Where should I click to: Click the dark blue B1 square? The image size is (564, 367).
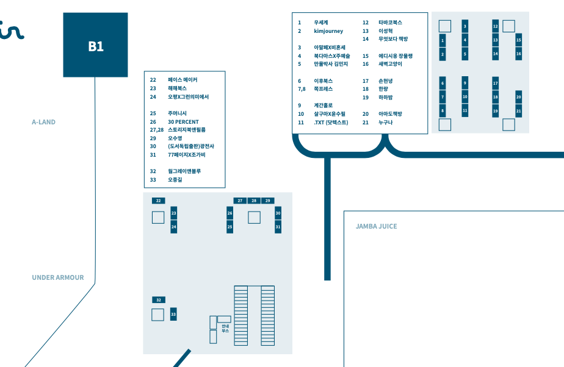95,45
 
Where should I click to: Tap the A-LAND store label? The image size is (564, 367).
43,122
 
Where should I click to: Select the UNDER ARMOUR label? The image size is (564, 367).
58,277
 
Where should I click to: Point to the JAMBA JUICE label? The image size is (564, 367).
376,226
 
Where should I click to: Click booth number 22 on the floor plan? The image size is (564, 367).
159,201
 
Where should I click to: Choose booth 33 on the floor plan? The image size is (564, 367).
173,314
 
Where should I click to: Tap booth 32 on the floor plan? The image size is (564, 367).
159,300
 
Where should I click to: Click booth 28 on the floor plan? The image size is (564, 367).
254,201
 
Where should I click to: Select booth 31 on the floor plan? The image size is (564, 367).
278,227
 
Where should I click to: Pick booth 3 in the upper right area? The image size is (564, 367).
465,26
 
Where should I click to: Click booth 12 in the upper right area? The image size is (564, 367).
495,26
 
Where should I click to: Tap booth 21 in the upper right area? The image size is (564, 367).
518,110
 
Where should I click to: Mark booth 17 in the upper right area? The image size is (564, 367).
495,83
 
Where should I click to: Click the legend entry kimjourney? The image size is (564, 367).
328,31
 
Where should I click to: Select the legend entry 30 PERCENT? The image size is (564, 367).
183,122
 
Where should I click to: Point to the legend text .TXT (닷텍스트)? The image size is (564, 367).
331,123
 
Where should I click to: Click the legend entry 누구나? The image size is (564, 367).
386,123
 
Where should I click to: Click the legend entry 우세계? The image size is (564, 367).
321,23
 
